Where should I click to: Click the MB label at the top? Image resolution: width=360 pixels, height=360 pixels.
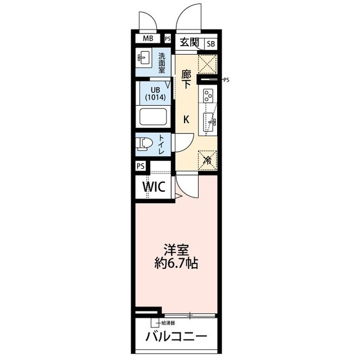click(147, 39)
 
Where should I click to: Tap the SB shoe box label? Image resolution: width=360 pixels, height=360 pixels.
click(210, 43)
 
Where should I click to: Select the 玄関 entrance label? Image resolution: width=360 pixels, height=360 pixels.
click(190, 42)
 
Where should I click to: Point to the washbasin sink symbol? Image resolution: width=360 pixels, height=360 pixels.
click(143, 58)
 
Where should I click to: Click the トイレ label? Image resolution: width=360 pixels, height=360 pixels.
click(161, 145)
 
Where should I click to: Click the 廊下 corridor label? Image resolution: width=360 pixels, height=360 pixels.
click(187, 79)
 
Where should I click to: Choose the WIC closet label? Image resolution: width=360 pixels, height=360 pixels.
click(153, 186)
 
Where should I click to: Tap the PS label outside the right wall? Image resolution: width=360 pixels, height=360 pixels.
click(227, 80)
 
